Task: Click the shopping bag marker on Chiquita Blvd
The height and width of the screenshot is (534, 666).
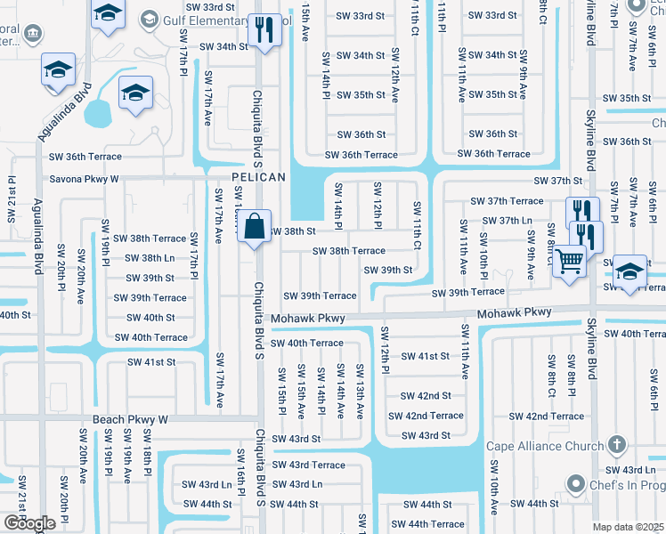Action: [255, 226]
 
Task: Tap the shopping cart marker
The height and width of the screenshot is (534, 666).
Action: [569, 262]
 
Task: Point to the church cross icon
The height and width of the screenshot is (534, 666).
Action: [616, 446]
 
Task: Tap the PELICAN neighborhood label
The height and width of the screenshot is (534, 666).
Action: [259, 177]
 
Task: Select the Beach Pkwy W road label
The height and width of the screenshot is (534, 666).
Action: [130, 418]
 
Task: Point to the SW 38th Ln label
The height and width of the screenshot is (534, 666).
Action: [149, 258]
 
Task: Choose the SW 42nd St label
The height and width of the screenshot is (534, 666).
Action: [426, 396]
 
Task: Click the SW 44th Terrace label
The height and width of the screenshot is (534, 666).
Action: [428, 524]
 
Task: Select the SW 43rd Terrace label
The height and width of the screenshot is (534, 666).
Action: [308, 465]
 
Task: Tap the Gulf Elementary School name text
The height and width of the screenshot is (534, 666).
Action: [223, 20]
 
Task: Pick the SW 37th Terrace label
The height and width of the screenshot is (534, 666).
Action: [507, 201]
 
